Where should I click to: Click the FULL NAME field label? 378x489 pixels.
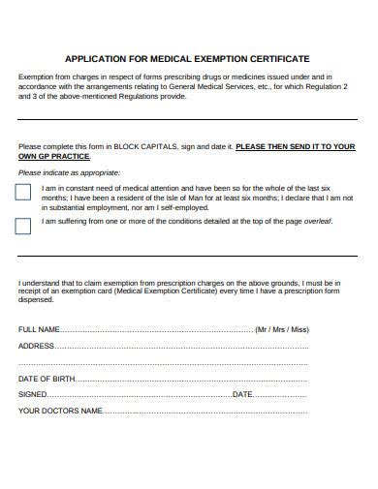click(40, 329)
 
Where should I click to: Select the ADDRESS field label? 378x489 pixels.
click(37, 346)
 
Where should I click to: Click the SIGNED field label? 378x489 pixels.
click(33, 394)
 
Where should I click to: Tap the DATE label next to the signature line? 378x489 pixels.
click(241, 394)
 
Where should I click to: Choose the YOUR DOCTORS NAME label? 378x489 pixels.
click(61, 411)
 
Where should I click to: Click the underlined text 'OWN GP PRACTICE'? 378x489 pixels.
click(55, 156)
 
